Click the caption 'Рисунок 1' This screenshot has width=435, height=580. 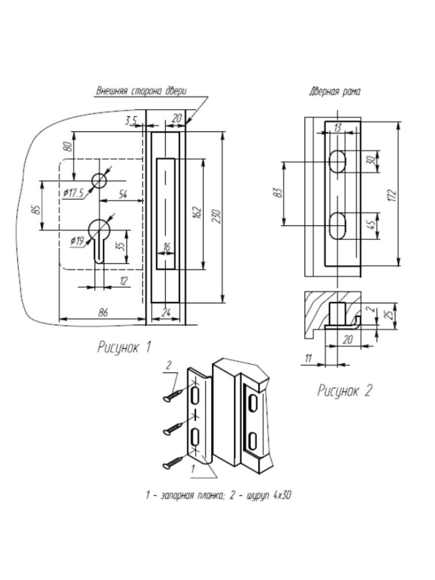pyautogui.click(x=124, y=348)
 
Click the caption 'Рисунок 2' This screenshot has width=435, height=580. pyautogui.click(x=344, y=391)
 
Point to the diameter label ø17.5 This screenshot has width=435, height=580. pyautogui.click(x=74, y=193)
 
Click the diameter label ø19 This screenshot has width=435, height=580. pyautogui.click(x=77, y=241)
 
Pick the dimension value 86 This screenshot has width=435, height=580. pyautogui.click(x=103, y=313)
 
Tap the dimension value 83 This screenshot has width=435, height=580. pyautogui.click(x=278, y=193)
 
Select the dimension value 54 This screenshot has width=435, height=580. pyautogui.click(x=122, y=194)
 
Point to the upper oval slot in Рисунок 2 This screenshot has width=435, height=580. pyautogui.click(x=336, y=161)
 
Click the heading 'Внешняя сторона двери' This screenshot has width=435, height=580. pyautogui.click(x=141, y=91)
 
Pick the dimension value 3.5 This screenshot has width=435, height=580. pyautogui.click(x=131, y=120)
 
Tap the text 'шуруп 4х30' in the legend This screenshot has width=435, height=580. pyautogui.click(x=263, y=495)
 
